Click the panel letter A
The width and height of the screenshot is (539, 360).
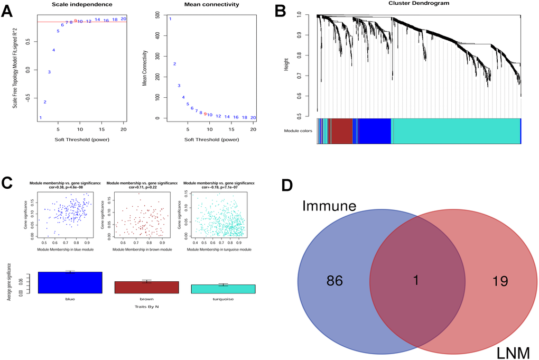pos(7,12)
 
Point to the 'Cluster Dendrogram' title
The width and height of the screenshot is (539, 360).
pos(419,3)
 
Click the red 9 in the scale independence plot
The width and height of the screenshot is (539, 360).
pos(76,21)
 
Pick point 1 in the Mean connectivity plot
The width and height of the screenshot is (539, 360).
pos(170,19)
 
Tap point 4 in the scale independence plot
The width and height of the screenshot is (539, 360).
pos(53,50)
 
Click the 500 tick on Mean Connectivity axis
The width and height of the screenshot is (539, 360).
pos(157,16)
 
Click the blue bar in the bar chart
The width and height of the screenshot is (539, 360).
pos(70,282)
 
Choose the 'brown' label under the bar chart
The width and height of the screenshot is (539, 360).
pos(146,299)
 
